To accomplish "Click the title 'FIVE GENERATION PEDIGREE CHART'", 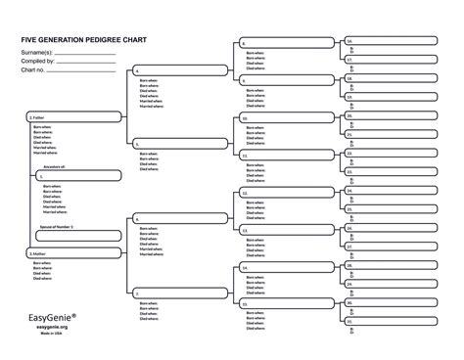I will [x=77, y=40].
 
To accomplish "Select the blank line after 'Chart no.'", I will [x=85, y=67].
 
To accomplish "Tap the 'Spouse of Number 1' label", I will [x=57, y=226].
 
